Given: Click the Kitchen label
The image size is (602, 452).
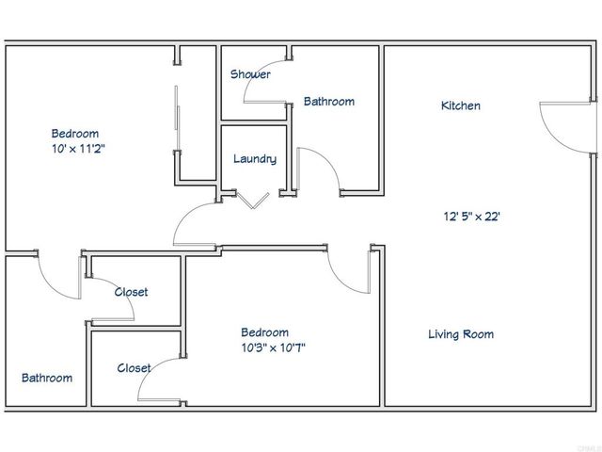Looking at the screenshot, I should (461, 105).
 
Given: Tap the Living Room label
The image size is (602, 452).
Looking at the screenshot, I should (460, 334).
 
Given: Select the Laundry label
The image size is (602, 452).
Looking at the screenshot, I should (255, 159).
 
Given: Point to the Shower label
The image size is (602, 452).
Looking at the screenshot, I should (250, 74).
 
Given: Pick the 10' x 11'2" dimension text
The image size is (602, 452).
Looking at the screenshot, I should (84, 149).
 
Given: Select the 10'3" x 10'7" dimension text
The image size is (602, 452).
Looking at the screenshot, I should (274, 347).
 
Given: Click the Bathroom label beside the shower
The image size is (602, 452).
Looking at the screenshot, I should (328, 102).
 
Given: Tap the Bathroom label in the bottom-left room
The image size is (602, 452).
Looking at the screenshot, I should (47, 378).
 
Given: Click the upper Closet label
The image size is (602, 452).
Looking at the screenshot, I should (131, 292).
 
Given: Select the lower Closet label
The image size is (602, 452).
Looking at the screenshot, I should (135, 368).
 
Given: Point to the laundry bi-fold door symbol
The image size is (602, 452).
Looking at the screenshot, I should (252, 200).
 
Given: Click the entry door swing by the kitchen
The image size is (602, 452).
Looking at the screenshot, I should (561, 123).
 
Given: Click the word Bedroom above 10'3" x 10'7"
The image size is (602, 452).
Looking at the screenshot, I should (264, 332).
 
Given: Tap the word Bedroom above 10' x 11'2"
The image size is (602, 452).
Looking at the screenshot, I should (74, 134).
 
